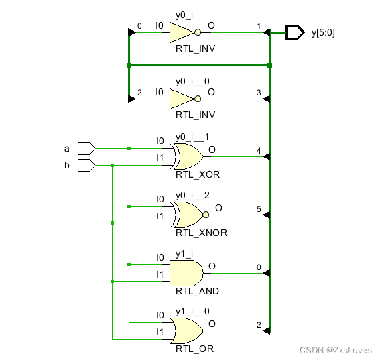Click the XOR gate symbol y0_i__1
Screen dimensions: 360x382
point(188,157)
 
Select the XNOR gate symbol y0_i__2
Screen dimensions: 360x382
point(188,215)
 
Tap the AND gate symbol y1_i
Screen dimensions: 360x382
point(186,273)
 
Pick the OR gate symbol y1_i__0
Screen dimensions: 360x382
point(188,330)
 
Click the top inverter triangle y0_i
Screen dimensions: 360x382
point(181,32)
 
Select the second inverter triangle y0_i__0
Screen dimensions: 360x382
point(181,99)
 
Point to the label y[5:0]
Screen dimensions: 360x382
point(324,32)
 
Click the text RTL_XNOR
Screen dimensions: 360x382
point(201,233)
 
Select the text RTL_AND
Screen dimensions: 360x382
point(197,291)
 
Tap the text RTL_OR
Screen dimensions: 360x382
point(194,349)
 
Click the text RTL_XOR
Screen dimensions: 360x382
point(198,174)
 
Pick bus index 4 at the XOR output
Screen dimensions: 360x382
point(259,151)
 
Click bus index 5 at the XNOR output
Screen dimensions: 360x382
point(259,209)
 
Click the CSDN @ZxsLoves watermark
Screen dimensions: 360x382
point(335,350)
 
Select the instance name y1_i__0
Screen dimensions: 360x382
point(193,311)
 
